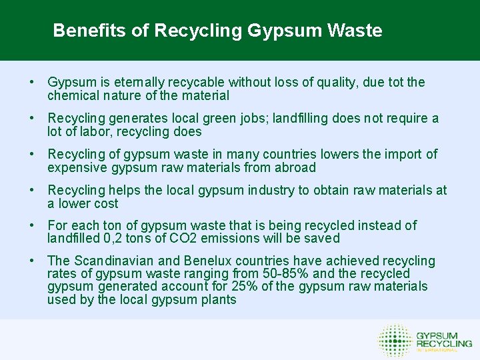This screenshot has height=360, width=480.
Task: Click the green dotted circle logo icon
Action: pos(395,340)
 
